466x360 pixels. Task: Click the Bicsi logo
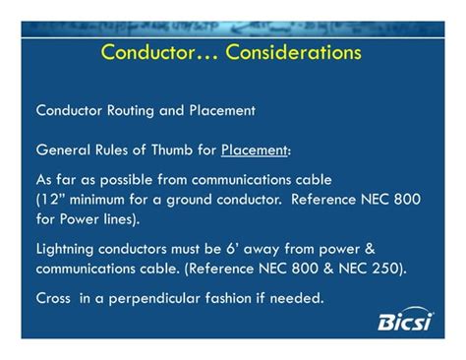coord(405,320)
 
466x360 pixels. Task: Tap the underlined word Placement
coord(254,150)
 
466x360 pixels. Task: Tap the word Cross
coord(55,298)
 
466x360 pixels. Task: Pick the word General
coord(63,150)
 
